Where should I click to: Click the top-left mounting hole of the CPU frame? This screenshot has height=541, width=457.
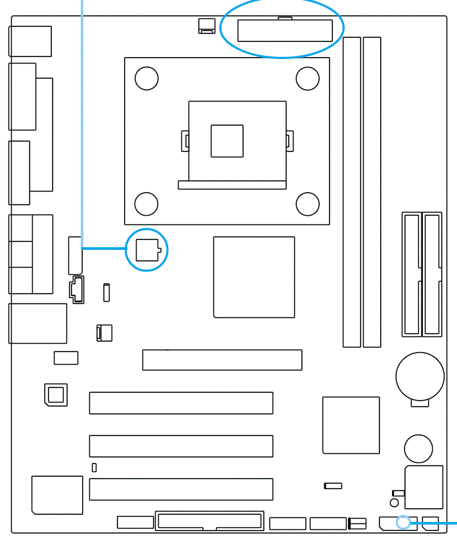coord(146,79)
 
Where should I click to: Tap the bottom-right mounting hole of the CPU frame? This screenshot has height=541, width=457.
coord(307,204)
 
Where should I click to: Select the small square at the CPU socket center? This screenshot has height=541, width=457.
coord(227,141)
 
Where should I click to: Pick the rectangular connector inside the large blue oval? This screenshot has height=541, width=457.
coord(284,31)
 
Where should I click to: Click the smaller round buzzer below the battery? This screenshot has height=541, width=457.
coord(418,449)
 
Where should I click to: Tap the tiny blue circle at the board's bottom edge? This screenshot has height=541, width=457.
coord(404,523)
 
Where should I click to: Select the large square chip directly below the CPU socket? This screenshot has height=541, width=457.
coord(253,277)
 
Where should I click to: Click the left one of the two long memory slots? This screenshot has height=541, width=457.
coord(352,191)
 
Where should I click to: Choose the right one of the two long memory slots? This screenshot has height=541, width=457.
coord(372,191)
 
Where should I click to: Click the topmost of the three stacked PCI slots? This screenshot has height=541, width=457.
coord(181,403)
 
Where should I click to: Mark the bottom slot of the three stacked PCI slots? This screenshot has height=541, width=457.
coord(181,489)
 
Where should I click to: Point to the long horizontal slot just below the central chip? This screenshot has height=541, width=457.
coord(222,360)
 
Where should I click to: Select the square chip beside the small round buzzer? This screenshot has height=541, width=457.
coord(351,425)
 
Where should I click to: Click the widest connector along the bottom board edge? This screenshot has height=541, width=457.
coord(209,521)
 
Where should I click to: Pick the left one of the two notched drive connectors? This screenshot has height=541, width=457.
coord(412,273)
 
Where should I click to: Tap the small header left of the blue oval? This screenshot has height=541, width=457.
coord(206,26)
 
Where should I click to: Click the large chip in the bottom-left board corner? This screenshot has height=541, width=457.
coord(57,495)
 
